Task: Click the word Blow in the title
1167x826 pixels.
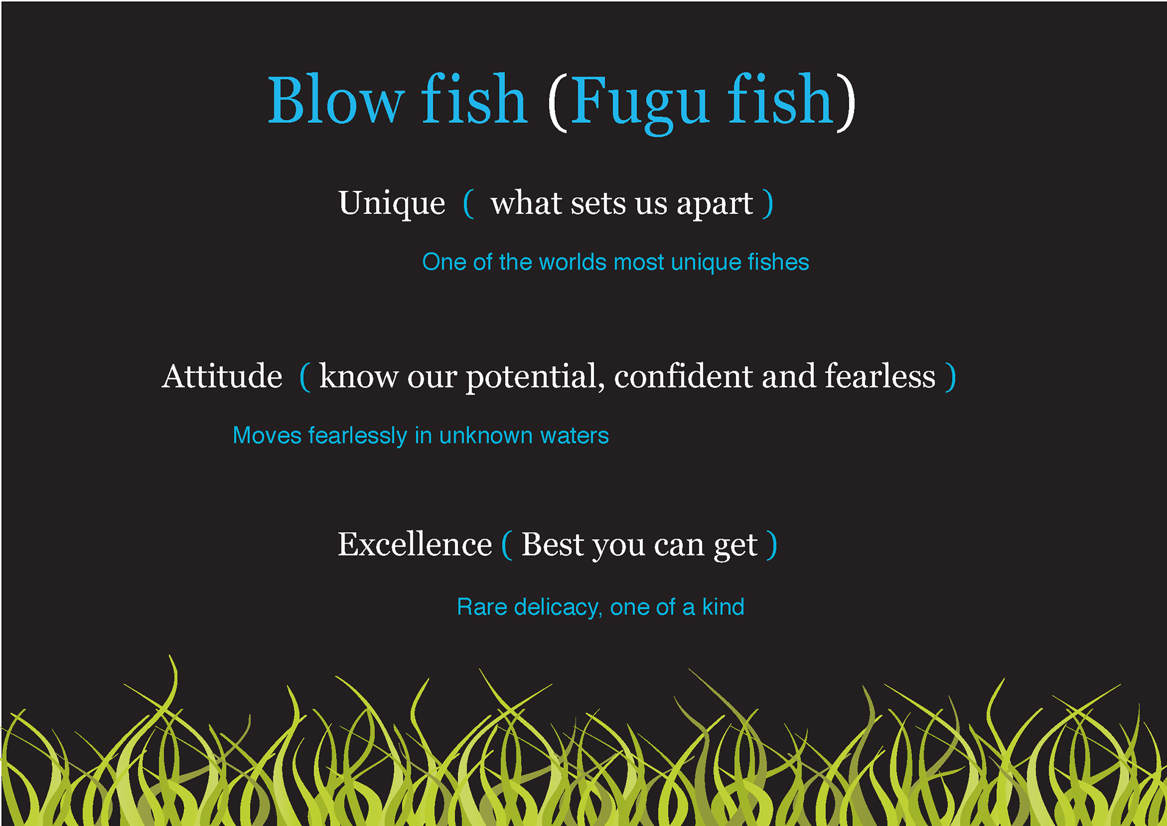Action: (x=336, y=99)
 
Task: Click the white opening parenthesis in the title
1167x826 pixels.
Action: (x=557, y=102)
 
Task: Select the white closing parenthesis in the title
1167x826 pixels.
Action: (x=846, y=102)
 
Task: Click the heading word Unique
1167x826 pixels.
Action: (x=392, y=204)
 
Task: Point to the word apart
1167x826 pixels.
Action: (x=715, y=205)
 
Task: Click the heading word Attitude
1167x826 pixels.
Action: (x=222, y=376)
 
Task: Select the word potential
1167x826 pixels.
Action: (x=535, y=378)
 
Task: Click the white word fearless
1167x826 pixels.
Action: (x=880, y=376)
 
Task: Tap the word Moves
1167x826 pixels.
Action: (x=267, y=436)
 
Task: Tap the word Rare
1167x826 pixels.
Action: (x=482, y=607)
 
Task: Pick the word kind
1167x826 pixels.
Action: (x=723, y=607)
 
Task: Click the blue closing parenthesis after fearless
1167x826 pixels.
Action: (x=951, y=377)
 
